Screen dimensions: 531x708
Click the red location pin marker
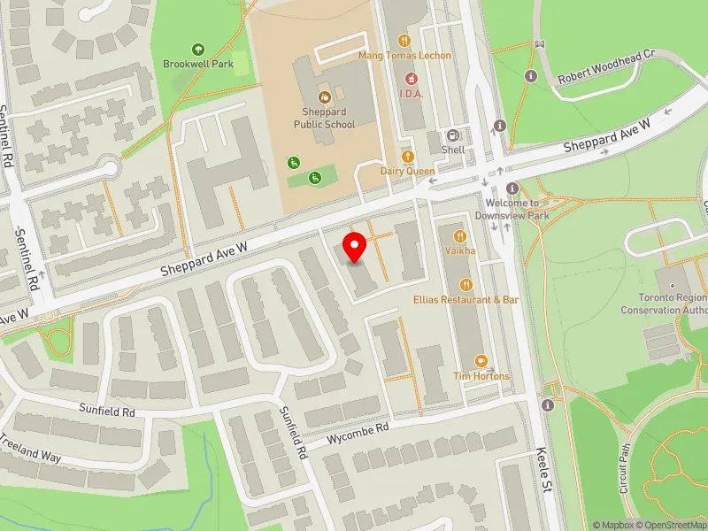tap(355, 248)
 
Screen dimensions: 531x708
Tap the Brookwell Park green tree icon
tap(197, 50)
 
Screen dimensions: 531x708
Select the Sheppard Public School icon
tap(324, 96)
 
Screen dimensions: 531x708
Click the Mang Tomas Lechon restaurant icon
tap(404, 40)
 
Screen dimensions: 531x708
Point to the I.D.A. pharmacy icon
tap(412, 78)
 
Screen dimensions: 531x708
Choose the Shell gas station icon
tap(453, 135)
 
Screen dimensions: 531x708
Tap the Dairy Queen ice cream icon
tap(408, 156)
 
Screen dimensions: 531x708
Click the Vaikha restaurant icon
tap(460, 236)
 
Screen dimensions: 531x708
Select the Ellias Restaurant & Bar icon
tap(466, 284)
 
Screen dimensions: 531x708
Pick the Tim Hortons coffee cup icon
tap(481, 361)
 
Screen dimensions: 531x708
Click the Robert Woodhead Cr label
tap(605, 67)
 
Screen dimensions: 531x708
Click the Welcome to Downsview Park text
tap(512, 209)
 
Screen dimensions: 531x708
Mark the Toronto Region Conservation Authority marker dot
tap(673, 285)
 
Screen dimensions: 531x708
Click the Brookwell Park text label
tap(196, 64)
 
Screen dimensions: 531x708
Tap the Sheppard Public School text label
tap(324, 119)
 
